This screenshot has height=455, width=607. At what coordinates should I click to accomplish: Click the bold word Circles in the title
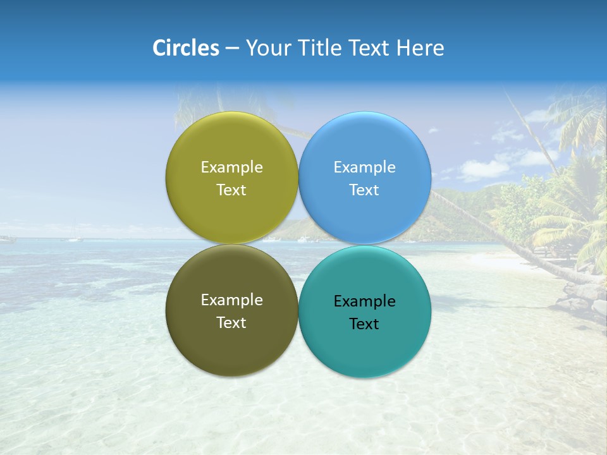click(x=185, y=48)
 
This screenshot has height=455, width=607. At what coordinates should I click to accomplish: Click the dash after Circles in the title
click(x=232, y=49)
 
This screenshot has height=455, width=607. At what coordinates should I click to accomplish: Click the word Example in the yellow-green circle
click(x=231, y=167)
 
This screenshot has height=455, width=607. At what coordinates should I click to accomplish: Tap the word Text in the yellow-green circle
click(x=231, y=190)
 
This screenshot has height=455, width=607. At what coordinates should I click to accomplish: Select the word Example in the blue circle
click(x=364, y=167)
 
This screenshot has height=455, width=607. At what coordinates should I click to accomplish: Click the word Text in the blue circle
click(x=364, y=190)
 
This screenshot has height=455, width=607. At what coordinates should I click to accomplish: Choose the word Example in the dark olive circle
click(x=231, y=300)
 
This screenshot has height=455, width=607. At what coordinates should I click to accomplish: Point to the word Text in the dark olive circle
click(x=231, y=322)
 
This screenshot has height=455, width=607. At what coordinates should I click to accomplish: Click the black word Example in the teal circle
click(x=364, y=301)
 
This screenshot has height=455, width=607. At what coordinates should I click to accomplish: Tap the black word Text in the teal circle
click(x=364, y=324)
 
